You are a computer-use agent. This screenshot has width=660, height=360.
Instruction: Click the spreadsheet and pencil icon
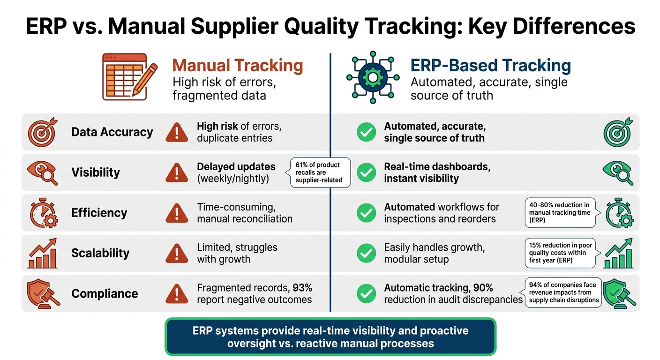pyautogui.click(x=130, y=77)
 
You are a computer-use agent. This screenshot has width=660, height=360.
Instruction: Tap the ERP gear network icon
pyautogui.click(x=373, y=77)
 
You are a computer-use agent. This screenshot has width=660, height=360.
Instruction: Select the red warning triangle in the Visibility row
pyautogui.click(x=177, y=172)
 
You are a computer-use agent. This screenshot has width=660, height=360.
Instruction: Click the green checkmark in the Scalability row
pyautogui.click(x=366, y=253)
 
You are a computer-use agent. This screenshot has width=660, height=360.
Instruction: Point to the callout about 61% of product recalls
pyautogui.click(x=320, y=172)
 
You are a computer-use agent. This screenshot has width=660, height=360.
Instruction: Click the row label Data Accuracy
pyautogui.click(x=112, y=132)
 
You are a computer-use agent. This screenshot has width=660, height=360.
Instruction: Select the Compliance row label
pyautogui.click(x=105, y=293)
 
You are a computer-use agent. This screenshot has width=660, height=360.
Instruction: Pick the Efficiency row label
pyautogui.click(x=99, y=213)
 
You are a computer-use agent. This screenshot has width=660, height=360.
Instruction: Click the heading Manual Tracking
pyautogui.click(x=238, y=65)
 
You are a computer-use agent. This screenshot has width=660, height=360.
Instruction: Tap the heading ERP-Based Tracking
pyautogui.click(x=491, y=65)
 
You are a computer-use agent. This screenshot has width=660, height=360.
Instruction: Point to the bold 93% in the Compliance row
pyautogui.click(x=302, y=287)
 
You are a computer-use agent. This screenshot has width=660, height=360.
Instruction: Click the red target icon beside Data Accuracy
pyautogui.click(x=43, y=132)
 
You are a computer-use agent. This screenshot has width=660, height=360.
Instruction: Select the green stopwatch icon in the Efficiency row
pyautogui.click(x=619, y=213)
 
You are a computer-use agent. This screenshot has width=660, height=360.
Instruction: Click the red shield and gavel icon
pyautogui.click(x=43, y=294)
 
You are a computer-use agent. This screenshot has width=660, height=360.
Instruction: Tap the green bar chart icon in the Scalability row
pyautogui.click(x=618, y=253)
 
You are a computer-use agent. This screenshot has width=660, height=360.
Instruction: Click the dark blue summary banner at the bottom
pyautogui.click(x=330, y=337)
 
